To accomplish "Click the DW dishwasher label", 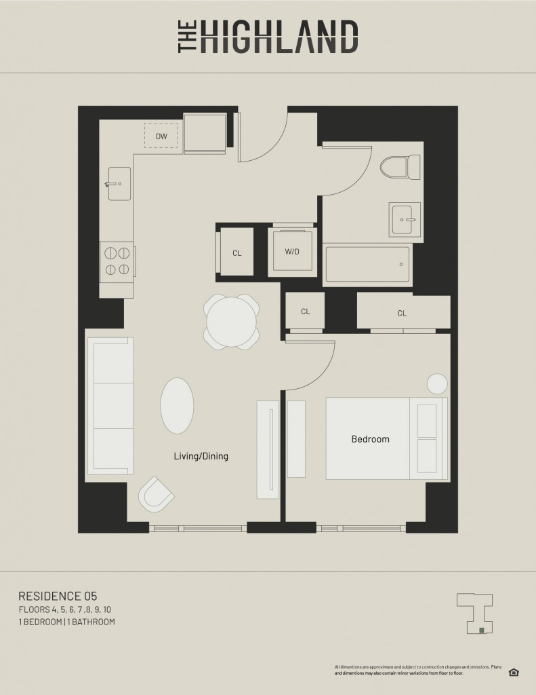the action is click(x=161, y=136).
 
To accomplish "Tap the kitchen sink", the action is click(x=119, y=183).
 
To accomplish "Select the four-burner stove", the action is click(x=117, y=261).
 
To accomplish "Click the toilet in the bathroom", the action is click(x=400, y=167).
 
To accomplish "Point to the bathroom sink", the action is click(x=405, y=220).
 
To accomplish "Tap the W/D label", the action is click(x=292, y=252).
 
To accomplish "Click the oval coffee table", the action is click(x=177, y=406).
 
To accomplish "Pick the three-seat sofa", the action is click(x=110, y=406).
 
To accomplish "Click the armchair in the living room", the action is click(x=156, y=494).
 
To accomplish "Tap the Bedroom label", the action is click(x=371, y=439).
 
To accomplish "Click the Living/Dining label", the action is click(x=201, y=456).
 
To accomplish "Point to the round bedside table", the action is click(x=437, y=384).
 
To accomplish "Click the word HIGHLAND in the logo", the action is click(x=279, y=37).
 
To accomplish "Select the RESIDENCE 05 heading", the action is click(x=58, y=596).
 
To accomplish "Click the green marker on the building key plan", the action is click(x=482, y=630).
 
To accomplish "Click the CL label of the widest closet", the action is click(x=402, y=314).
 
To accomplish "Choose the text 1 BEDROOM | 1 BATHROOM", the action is click(x=67, y=622).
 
